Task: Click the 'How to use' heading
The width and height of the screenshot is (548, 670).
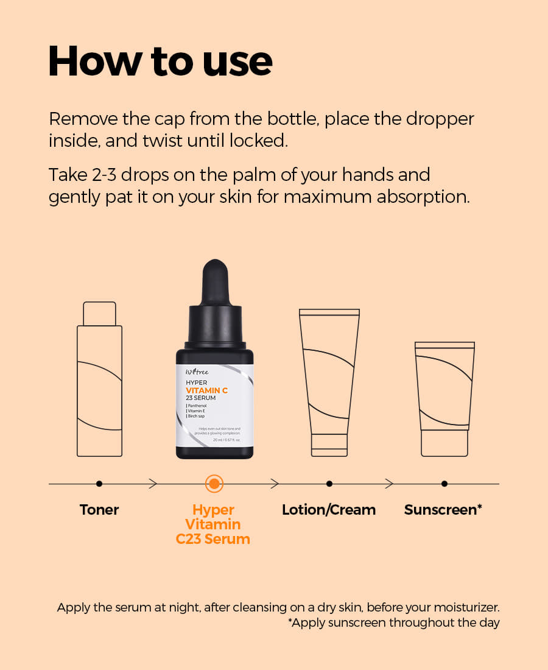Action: (x=160, y=61)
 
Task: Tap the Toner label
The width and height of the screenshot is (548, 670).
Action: (x=99, y=510)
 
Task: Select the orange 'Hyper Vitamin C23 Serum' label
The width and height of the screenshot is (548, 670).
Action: (x=213, y=524)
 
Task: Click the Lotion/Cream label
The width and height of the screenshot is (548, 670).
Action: (x=329, y=510)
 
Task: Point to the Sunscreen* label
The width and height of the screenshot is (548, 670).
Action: (x=443, y=510)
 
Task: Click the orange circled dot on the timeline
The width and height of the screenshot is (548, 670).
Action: (x=214, y=484)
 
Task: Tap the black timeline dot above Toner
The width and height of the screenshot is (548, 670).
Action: (x=99, y=484)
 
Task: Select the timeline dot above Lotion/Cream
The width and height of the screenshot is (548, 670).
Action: (x=329, y=484)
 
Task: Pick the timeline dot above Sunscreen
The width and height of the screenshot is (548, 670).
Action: (x=444, y=484)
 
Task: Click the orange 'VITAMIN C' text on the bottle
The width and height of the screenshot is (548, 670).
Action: (x=207, y=390)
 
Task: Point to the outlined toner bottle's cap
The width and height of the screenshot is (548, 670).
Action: (x=99, y=314)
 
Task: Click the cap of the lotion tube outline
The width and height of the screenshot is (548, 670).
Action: (x=329, y=445)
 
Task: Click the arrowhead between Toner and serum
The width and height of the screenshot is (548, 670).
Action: (x=153, y=484)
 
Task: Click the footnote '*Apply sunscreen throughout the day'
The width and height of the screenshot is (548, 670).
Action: (x=393, y=623)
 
